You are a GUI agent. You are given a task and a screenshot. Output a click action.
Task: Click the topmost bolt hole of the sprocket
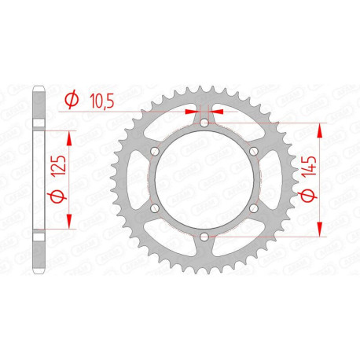coord(204,123)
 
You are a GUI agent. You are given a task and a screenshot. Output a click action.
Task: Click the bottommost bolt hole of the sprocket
coord(204,237)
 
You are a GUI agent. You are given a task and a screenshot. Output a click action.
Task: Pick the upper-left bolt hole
coord(155,151)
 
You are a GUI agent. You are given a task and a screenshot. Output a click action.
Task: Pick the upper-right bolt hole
coord(254,151)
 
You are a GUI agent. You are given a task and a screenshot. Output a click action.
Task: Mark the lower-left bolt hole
coord(155,208)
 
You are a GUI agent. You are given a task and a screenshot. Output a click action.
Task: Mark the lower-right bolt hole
coord(254,208)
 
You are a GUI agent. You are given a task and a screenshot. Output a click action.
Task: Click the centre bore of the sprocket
coord(204,180)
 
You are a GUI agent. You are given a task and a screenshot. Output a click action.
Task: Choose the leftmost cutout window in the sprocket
coord(139,180)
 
